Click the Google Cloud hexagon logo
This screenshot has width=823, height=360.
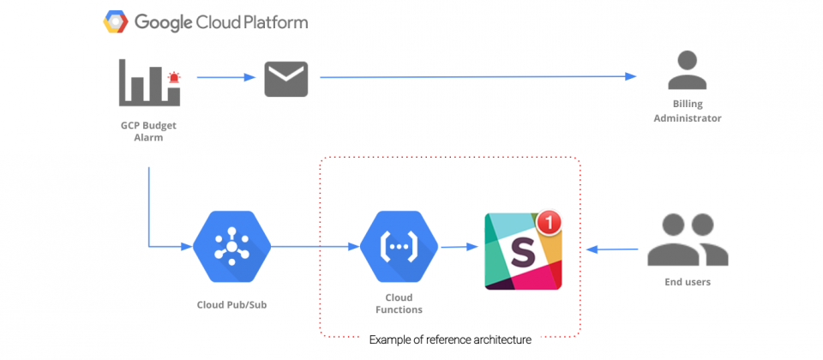tap(117, 21)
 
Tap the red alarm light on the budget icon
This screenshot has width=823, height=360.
tap(174, 78)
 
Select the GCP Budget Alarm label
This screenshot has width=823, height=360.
tap(148, 131)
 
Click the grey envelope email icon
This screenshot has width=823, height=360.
tap(285, 80)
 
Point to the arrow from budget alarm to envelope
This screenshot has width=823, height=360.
tap(226, 78)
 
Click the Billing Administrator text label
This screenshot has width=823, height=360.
tap(688, 111)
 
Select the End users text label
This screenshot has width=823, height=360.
tap(688, 281)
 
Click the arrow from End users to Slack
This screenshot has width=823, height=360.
tap(616, 249)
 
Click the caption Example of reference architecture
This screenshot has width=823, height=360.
tap(450, 340)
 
